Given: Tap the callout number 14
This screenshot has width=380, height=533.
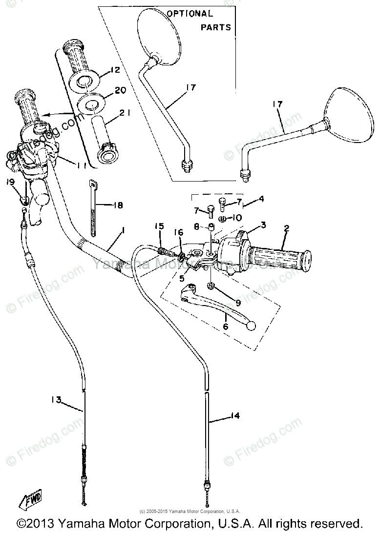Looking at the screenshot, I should (235, 416).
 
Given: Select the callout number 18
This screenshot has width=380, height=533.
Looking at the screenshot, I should (118, 205).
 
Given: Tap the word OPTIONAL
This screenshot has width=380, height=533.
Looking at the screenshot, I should (190, 14).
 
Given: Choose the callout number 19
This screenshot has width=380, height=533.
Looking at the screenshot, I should (10, 183).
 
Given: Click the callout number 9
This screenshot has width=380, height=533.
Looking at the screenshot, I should (238, 302).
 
